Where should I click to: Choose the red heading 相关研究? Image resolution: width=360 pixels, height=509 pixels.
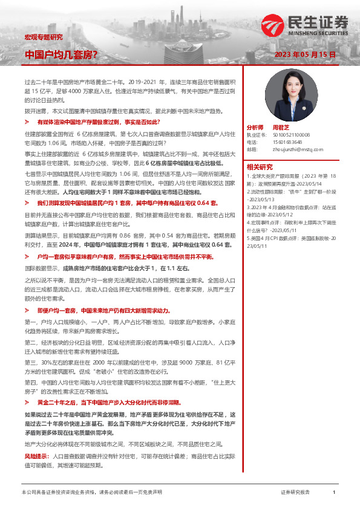260,167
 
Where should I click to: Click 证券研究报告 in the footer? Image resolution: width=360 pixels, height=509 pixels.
295,493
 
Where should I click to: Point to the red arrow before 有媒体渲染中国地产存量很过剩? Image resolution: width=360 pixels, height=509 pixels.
31,122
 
